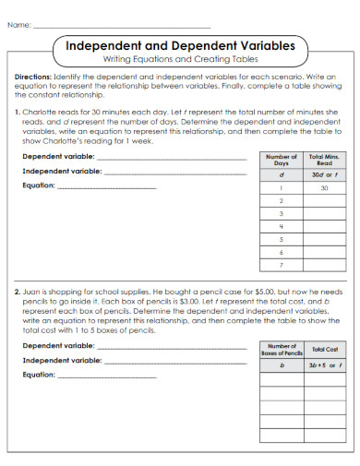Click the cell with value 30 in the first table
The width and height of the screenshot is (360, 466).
point(324,187)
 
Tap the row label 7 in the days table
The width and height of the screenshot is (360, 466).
point(280,264)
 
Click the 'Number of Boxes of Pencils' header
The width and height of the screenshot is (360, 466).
point(281,350)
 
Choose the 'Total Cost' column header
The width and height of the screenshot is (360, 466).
point(325,350)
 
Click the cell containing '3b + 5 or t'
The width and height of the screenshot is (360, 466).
point(325,365)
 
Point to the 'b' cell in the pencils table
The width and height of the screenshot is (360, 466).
point(281,365)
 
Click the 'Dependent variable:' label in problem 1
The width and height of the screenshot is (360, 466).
point(57,157)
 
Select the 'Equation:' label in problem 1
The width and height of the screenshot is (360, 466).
point(39,185)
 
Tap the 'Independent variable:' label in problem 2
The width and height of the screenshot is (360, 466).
point(61,360)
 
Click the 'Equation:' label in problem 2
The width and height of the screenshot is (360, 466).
point(39,374)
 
